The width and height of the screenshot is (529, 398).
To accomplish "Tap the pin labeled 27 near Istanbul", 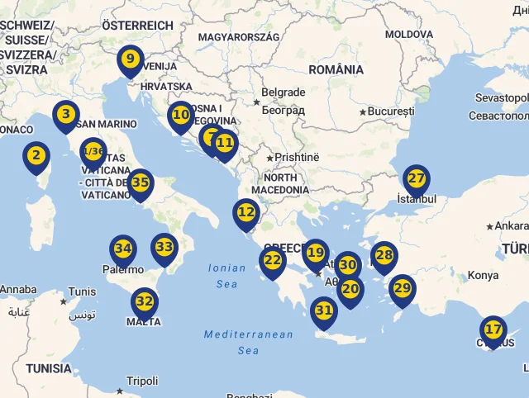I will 417,179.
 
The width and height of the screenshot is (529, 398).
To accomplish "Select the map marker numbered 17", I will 493,330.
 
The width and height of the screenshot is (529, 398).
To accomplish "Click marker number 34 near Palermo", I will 123,249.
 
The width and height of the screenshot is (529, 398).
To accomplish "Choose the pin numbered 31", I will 323,311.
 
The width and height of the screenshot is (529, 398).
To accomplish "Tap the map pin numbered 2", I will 36,155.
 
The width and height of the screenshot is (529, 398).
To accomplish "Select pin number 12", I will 246,212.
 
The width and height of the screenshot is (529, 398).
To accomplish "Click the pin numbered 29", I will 403,288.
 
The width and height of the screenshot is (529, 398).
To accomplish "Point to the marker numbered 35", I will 141,182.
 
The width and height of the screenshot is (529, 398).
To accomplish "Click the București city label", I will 390,111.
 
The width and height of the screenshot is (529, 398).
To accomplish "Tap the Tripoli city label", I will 142,381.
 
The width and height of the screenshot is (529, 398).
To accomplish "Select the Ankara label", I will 512,225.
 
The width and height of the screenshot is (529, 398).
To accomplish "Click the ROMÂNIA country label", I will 336,69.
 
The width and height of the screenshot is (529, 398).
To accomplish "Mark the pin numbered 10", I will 180,116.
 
